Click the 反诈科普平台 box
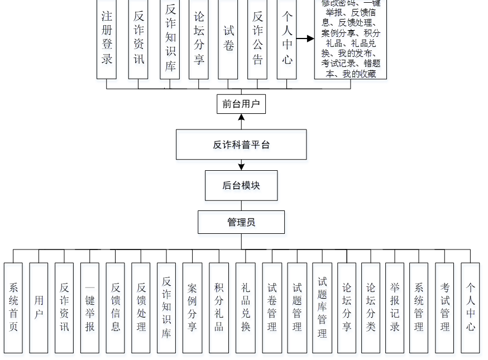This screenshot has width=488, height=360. pos(241,145)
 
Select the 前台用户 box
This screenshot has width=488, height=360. pos(241,104)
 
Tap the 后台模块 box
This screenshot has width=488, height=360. pos(241,185)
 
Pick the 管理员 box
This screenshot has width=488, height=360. pos(241,222)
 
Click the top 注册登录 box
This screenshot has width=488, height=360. pos(107,39)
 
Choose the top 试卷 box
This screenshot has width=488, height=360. pos(228,39)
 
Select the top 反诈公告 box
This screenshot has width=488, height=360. pos(257,39)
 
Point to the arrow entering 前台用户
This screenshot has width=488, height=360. pos(241,117)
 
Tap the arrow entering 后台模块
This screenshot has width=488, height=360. pos(241,166)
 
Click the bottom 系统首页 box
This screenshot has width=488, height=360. pos(13,308)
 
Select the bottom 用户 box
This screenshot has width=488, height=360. pos(39,308)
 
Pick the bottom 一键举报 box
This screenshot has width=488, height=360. pos(90,308)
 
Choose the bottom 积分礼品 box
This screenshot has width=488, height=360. pos(219,308)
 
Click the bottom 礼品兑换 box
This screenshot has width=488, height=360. pos(245,308)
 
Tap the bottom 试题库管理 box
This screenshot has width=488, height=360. pos(322,308)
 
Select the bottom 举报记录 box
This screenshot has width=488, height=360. pos(395,308)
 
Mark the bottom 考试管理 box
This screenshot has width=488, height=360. pos(444,308)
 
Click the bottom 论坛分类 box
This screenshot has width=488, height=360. pos(371,308)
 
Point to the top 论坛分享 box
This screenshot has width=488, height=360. pos(199,39)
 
